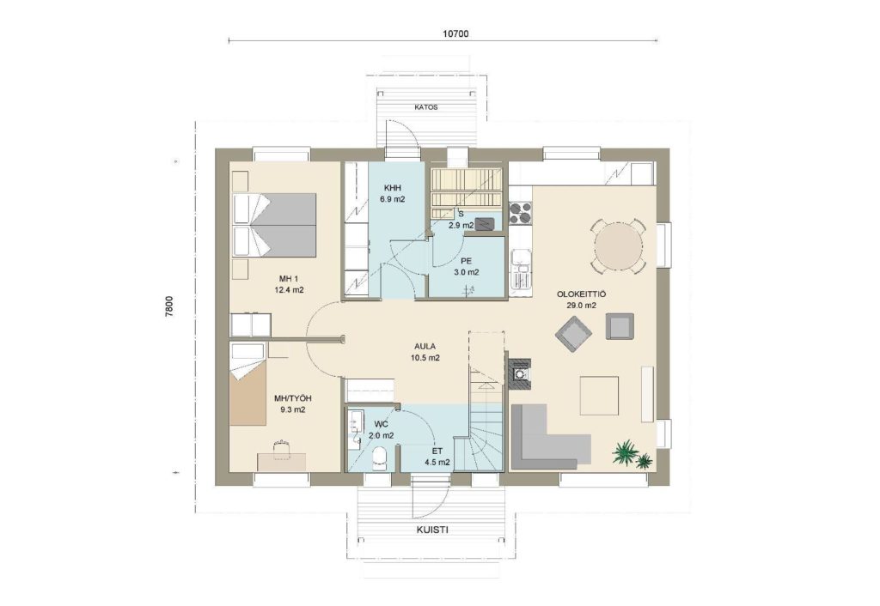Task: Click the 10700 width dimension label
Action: click(x=455, y=33)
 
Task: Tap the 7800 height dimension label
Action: click(x=169, y=307)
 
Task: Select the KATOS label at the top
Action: click(x=426, y=107)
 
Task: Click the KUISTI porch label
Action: click(x=432, y=530)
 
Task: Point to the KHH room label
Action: click(x=393, y=187)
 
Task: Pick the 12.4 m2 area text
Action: click(x=289, y=290)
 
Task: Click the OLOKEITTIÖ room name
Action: click(x=581, y=294)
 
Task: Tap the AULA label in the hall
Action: click(x=425, y=347)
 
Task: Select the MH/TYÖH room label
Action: click(x=292, y=398)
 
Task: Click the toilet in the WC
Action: click(x=380, y=457)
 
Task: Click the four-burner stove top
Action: click(x=520, y=213)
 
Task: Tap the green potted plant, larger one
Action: click(x=626, y=451)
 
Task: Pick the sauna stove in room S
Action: click(x=485, y=222)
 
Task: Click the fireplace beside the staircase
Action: click(x=520, y=373)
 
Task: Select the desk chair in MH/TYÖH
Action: click(x=281, y=448)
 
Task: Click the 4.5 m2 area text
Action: click(x=437, y=463)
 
